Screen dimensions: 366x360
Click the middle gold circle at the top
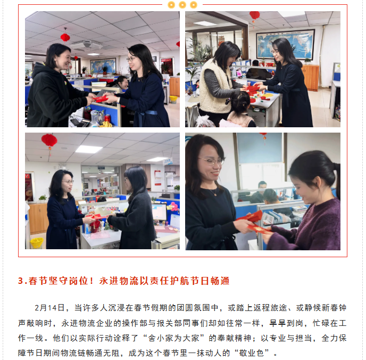[182, 5]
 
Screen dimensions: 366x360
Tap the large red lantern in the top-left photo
[65, 37]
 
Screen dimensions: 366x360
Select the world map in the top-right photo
[285, 44]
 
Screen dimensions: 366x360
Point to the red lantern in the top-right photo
[254, 15]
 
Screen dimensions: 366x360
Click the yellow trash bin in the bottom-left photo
[37, 243]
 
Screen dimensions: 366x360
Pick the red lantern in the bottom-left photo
[49, 141]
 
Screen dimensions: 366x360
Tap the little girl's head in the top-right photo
[240, 101]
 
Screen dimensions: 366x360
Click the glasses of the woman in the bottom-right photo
[211, 161]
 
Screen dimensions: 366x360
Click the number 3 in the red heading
[21, 281]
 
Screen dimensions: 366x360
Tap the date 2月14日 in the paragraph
[49, 308]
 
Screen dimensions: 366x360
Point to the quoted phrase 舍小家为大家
[173, 338]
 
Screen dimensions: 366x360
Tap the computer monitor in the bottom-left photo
[159, 212]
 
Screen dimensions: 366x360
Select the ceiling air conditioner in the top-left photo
[87, 45]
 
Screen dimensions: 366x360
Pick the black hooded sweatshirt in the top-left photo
[56, 96]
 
